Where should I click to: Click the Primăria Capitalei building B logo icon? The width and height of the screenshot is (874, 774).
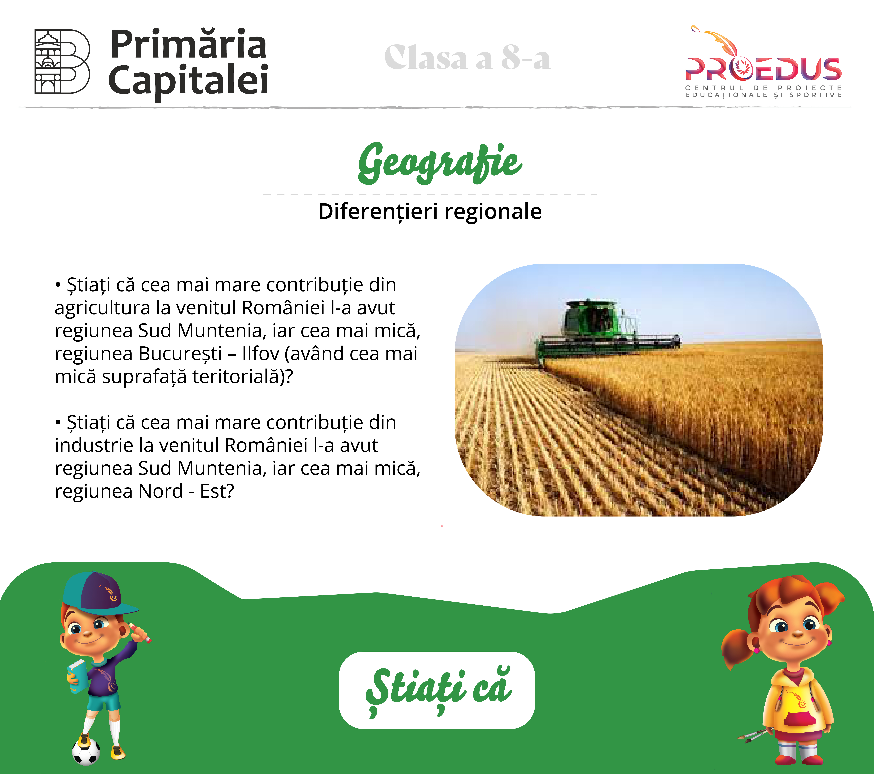point(62,62)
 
